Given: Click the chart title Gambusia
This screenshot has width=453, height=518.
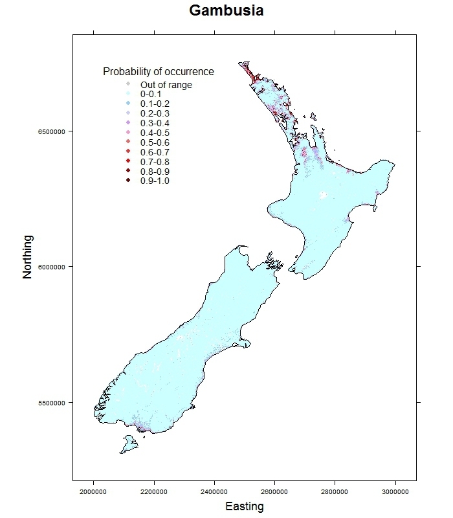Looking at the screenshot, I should [226, 11].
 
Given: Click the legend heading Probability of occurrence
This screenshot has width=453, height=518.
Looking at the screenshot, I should [159, 71].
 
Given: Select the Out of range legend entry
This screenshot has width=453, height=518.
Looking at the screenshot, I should [166, 85].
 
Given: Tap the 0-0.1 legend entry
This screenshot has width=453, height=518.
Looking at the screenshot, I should [151, 94].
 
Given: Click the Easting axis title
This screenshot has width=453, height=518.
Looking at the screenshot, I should [244, 506].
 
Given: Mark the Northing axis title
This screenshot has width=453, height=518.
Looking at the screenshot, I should [27, 256].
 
